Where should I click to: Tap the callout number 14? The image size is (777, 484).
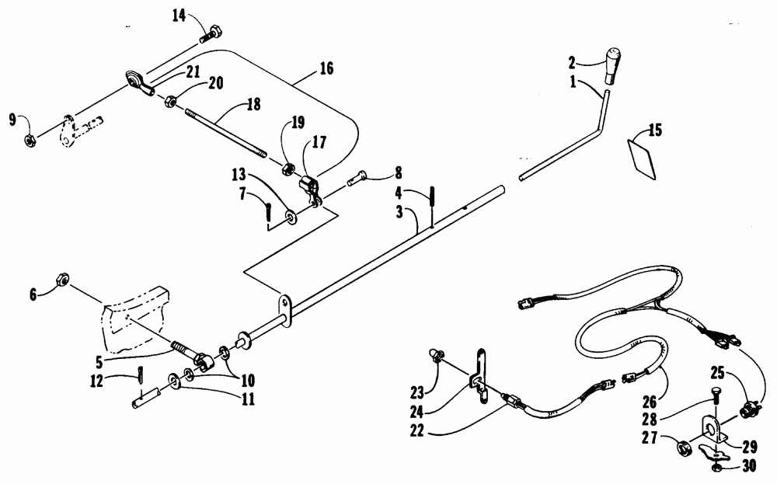tap(180, 16)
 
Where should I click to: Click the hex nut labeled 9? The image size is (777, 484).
tap(27, 141)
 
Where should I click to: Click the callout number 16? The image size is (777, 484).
tap(326, 69)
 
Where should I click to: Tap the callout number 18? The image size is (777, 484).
tap(253, 104)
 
